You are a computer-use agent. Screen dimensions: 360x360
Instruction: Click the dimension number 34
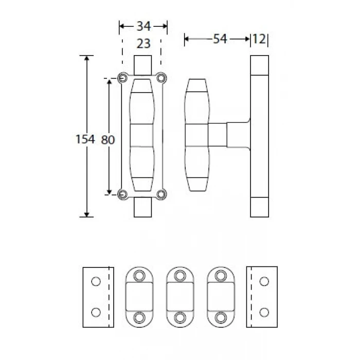(143, 26)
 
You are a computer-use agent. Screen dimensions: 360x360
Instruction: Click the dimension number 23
(143, 43)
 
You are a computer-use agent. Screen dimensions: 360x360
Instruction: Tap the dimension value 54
(220, 39)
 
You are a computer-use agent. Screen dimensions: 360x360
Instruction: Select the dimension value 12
(259, 39)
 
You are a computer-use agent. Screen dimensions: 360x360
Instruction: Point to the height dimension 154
(85, 139)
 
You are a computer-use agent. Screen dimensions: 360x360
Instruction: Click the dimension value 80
(107, 140)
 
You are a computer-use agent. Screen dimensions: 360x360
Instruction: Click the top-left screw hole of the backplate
(123, 78)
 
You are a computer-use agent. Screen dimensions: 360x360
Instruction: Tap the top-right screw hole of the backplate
(161, 78)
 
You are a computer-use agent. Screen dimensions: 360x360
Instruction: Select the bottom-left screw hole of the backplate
(123, 194)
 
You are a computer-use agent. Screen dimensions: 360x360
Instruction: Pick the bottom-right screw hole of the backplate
(161, 194)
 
